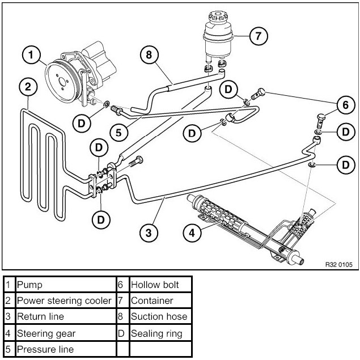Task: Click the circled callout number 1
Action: [x=31, y=56]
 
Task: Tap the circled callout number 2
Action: [x=28, y=87]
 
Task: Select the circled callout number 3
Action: [x=149, y=233]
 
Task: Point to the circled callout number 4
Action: [x=192, y=233]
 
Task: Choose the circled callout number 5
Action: [x=118, y=133]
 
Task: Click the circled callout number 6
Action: [x=346, y=105]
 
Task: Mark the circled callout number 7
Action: [x=259, y=36]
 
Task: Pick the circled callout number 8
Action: [x=149, y=55]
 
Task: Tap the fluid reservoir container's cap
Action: [x=218, y=17]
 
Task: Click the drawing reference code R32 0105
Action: [x=338, y=265]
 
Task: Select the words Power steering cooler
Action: [x=64, y=300]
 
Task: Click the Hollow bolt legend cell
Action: [x=160, y=285]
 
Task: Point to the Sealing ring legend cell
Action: [x=160, y=333]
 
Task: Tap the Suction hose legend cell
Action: [x=160, y=316]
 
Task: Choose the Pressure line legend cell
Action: [x=66, y=349]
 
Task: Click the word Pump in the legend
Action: [x=29, y=285]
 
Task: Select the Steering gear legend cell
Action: [x=66, y=333]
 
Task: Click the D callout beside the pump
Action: [x=82, y=124]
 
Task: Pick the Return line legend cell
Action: [x=66, y=316]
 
